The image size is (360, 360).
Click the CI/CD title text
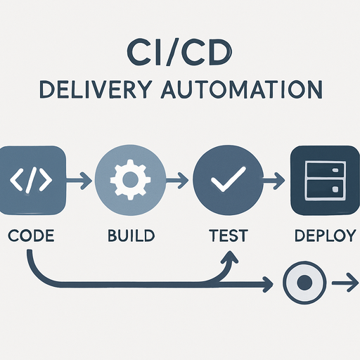click(179, 54)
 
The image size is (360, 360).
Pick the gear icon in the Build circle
click(128, 181)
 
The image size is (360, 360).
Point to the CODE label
click(31, 234)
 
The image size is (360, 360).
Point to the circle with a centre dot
click(303, 283)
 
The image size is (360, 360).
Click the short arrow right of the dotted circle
click(342, 283)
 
